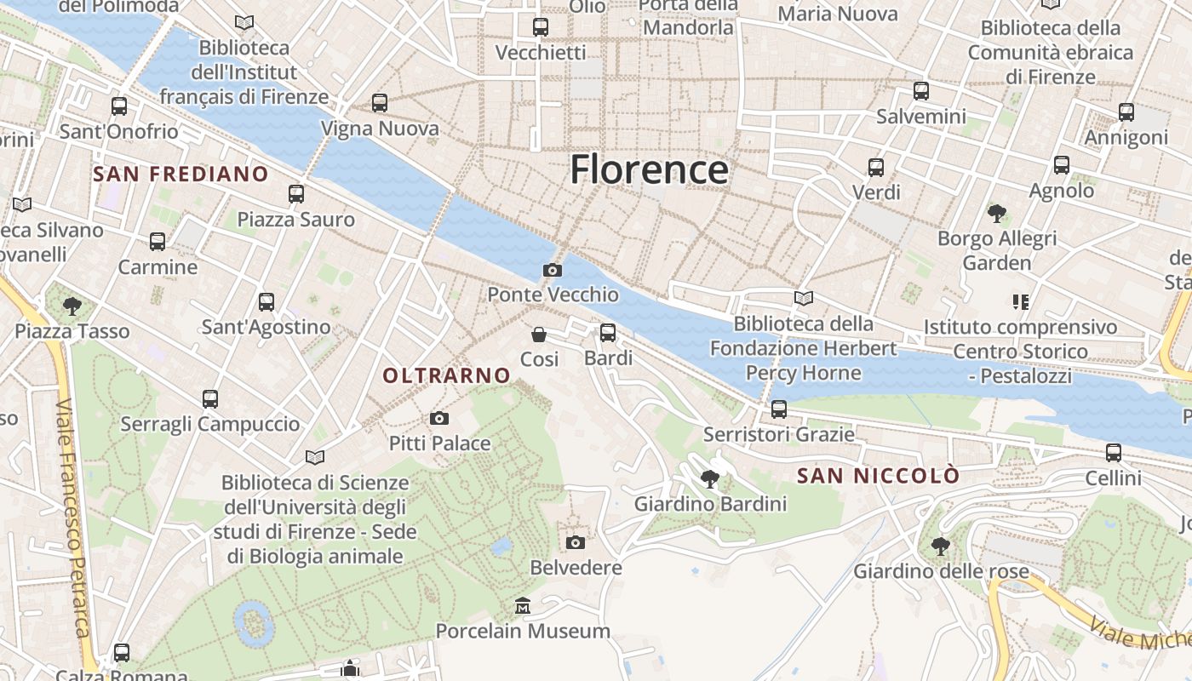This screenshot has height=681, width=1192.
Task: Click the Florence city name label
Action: click(x=649, y=169)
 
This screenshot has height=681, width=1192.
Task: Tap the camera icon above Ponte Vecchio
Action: click(x=553, y=271)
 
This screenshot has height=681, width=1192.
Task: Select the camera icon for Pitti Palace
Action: click(x=439, y=418)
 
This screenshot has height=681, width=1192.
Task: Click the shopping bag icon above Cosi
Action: click(x=539, y=335)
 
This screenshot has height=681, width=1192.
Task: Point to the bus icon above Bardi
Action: click(x=608, y=333)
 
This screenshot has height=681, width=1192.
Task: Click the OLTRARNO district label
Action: click(x=446, y=375)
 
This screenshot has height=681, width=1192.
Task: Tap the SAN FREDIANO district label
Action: click(x=181, y=175)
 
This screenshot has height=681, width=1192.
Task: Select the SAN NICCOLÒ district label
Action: click(x=878, y=476)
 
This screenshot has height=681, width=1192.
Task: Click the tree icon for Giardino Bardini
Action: click(x=709, y=479)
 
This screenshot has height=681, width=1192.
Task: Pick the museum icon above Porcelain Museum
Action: click(x=523, y=606)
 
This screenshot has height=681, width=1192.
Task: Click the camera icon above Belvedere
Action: click(x=576, y=542)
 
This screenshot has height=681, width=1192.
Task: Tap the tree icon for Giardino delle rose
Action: click(x=940, y=546)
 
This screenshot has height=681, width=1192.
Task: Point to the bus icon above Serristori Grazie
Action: click(x=779, y=409)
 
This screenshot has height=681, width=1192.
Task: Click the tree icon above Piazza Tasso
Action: click(x=72, y=306)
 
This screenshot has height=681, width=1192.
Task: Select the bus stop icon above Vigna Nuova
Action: click(x=380, y=103)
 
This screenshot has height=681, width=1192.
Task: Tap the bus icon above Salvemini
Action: click(x=921, y=91)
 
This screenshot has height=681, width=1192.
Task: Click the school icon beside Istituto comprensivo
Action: click(x=1020, y=302)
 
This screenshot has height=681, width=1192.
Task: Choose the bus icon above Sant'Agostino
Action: click(x=266, y=302)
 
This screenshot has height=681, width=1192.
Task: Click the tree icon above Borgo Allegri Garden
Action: click(x=997, y=213)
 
